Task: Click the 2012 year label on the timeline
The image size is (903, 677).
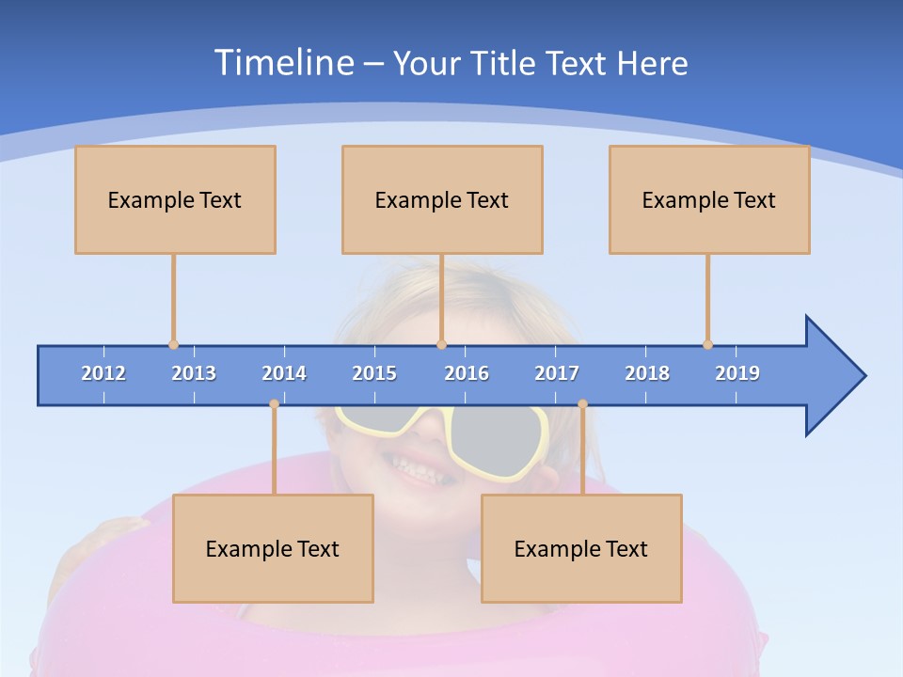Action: coord(103,373)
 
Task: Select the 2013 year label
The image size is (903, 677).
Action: coord(194,373)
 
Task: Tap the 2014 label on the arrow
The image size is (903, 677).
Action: coord(284,373)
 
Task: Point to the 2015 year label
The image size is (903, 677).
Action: coord(374,373)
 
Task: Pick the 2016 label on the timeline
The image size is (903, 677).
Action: coord(467,373)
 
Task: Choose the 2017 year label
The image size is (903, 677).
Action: coord(557,373)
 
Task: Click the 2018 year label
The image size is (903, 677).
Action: coord(647,373)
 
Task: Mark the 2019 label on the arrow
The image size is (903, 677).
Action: coord(737,373)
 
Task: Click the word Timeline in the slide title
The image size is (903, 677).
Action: coord(282,63)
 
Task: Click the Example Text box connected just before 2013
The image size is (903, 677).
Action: coord(175,199)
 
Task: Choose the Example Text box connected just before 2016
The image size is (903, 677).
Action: coord(442,199)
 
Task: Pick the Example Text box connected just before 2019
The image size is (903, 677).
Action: coord(709,199)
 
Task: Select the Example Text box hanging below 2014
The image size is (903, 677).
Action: coord(273,548)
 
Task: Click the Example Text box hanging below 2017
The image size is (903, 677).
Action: coord(581,548)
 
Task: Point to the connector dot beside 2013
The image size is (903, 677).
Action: coord(173,344)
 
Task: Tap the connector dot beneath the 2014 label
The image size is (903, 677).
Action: coord(274,404)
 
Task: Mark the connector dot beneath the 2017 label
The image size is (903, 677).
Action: coord(582,404)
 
